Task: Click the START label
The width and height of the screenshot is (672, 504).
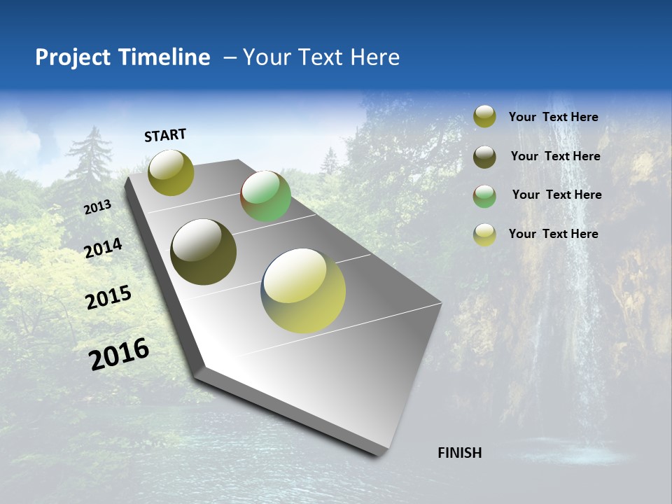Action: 165,135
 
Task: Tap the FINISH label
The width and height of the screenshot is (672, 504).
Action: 459,453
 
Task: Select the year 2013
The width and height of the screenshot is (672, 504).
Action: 97,207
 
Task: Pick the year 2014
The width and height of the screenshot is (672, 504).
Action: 103,248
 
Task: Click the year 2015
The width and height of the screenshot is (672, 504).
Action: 108,297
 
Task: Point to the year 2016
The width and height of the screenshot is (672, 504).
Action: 119,353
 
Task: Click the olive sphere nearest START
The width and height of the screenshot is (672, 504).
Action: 171,172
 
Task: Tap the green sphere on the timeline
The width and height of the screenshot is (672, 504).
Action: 265,196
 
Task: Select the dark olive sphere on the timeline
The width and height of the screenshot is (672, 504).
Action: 203,252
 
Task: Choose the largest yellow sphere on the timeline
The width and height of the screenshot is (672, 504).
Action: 303,290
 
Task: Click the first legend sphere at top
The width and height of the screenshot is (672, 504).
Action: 484,116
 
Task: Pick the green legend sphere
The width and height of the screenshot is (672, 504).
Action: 484,195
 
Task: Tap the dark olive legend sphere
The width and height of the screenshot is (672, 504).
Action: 484,157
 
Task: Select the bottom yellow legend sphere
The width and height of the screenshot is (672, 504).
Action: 484,234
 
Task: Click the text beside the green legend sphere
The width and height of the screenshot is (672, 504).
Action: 556,195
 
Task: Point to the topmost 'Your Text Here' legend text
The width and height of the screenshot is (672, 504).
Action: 553,117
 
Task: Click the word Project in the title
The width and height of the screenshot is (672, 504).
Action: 73,57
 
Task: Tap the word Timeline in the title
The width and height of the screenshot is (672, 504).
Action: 164,57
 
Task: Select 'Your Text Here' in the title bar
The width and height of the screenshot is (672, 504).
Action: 321,57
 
